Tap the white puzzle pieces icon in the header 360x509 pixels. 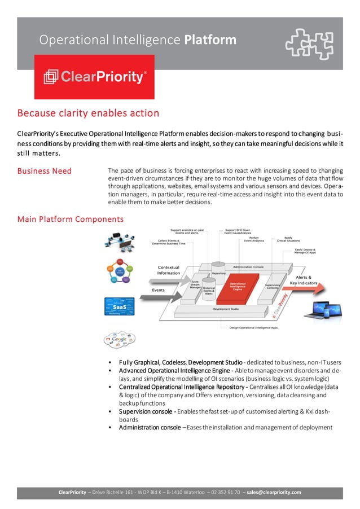(x=308, y=43)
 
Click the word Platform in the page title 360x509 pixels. (x=210, y=40)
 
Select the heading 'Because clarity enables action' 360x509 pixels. (x=88, y=113)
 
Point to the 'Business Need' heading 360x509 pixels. (x=45, y=171)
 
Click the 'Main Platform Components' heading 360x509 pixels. (x=71, y=219)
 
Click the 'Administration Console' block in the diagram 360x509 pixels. (x=250, y=266)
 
